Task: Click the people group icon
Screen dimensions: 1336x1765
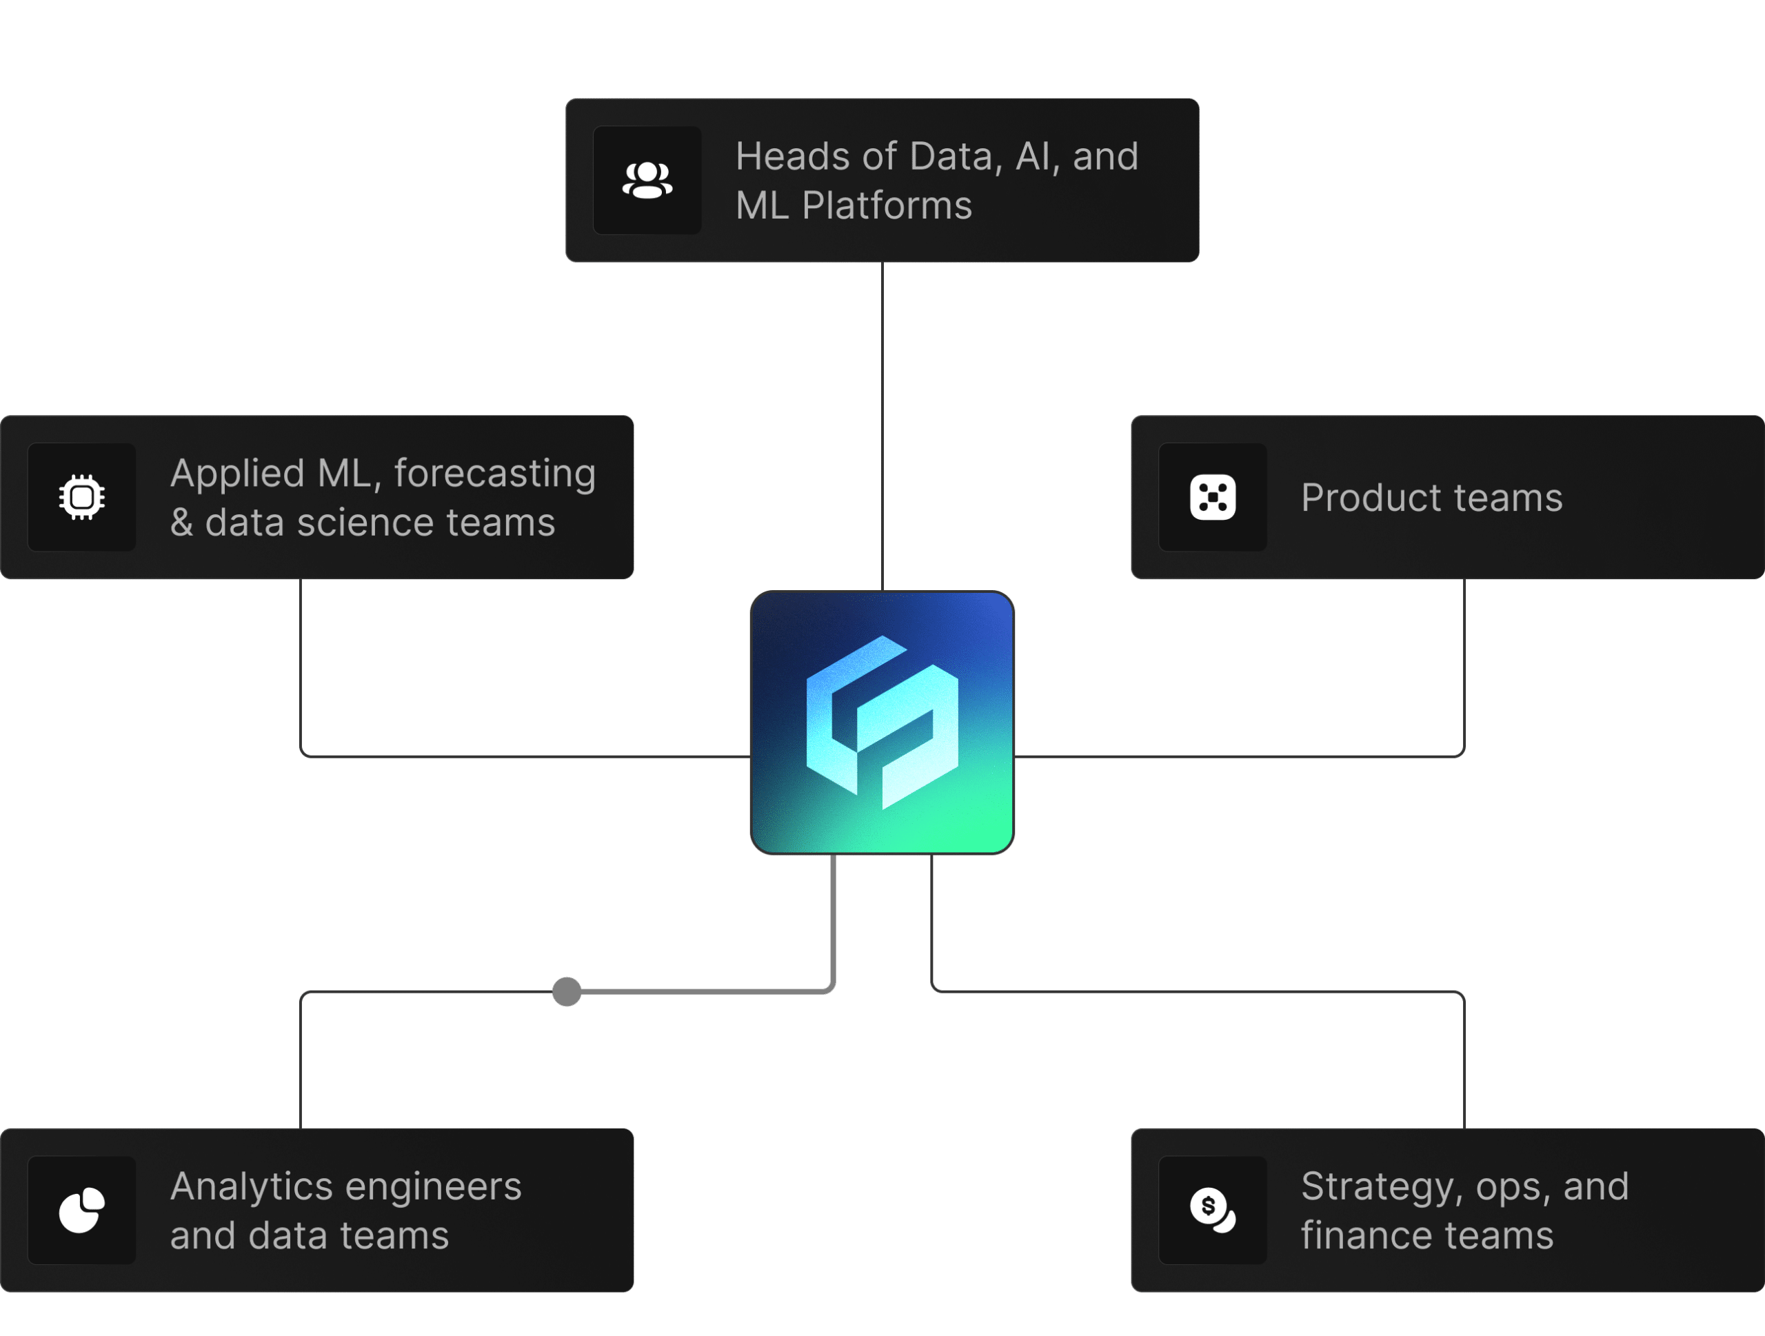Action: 647,180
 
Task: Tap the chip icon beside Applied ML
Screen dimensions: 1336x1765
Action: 81,497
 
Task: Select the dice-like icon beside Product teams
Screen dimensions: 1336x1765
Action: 1213,497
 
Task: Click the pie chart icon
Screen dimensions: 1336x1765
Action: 81,1210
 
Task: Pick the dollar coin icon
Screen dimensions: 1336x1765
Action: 1213,1210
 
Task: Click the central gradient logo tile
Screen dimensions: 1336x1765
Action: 882,722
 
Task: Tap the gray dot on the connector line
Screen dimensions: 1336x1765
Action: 567,991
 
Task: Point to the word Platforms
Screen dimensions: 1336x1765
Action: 887,206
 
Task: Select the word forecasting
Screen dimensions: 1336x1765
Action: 495,473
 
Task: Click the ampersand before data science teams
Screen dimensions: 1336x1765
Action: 181,523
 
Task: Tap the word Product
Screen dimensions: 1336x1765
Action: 1364,498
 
